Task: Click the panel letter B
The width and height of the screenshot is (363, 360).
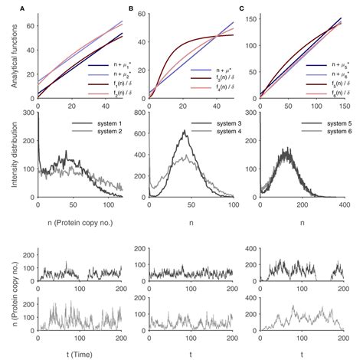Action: tap(131, 8)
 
